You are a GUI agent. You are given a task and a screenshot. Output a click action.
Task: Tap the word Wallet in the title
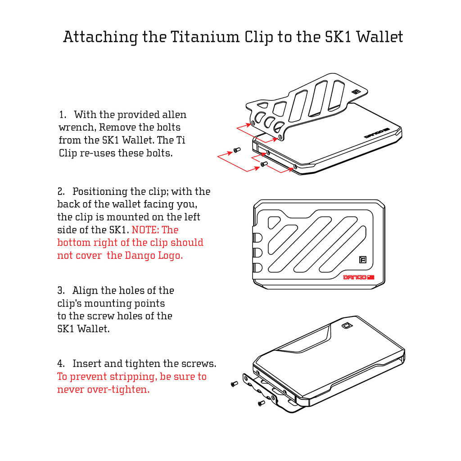(380, 37)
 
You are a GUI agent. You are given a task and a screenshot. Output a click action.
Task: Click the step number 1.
(63, 115)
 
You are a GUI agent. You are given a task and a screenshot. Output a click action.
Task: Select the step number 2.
(61, 192)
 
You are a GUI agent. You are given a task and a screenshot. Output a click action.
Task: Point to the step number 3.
(61, 290)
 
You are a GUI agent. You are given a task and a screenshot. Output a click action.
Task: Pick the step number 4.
(61, 363)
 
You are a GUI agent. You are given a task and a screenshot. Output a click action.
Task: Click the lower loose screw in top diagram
(263, 164)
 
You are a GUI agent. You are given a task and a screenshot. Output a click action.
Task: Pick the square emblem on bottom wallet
(347, 326)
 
